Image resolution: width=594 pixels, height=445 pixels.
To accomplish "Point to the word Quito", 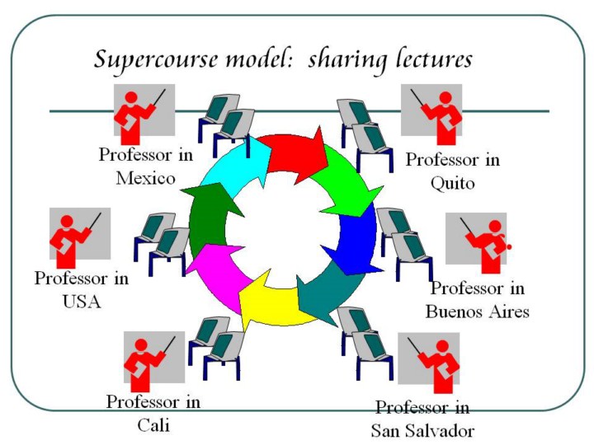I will click(452, 183).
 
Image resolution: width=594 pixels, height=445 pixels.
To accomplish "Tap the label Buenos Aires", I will click(477, 311).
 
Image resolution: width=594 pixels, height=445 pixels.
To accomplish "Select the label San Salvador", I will click(422, 430).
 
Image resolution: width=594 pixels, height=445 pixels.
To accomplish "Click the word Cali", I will click(153, 425).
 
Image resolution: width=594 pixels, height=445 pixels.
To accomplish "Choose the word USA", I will click(81, 301).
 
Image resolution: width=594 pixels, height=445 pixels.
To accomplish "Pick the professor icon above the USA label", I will click(80, 237).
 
